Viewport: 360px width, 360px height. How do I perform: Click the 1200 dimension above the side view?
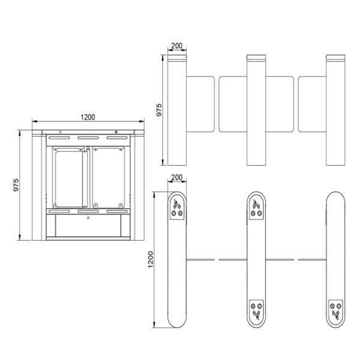click(x=88, y=118)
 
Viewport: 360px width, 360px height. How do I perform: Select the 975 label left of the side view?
click(x=16, y=185)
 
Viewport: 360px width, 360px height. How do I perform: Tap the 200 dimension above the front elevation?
click(x=177, y=46)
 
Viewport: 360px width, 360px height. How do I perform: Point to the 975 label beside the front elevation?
click(x=159, y=110)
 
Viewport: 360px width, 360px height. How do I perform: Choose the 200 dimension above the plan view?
click(x=177, y=178)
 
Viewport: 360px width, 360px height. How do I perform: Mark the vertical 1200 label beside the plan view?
click(x=151, y=259)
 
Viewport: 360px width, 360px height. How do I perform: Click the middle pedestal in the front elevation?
click(x=256, y=110)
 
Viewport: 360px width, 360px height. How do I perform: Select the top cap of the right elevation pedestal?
click(x=335, y=57)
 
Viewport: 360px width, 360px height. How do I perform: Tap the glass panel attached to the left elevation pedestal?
click(x=200, y=104)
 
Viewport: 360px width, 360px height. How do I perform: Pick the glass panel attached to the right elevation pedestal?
click(x=312, y=104)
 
